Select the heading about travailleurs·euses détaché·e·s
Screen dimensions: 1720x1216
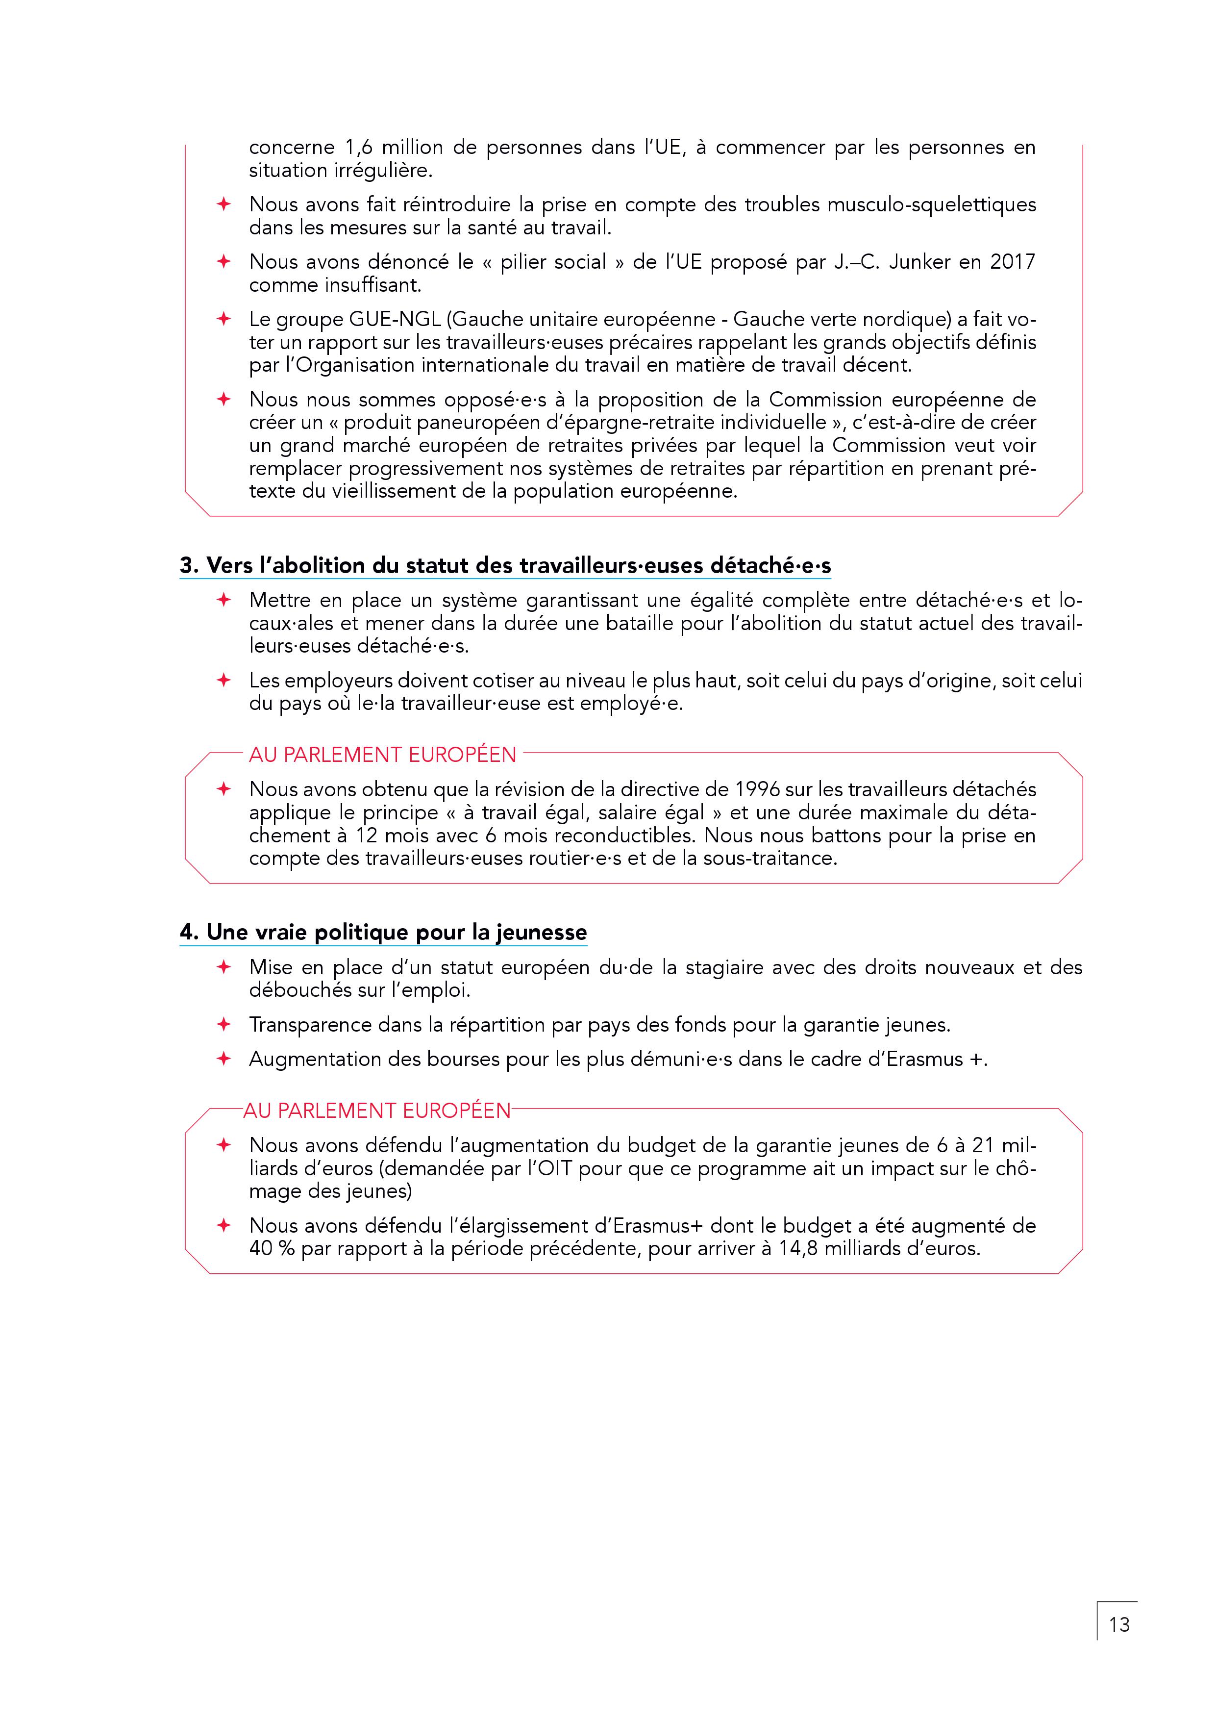click(x=505, y=566)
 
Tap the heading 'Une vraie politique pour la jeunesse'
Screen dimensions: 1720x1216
click(x=383, y=933)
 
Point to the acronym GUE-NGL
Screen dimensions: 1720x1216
click(x=395, y=320)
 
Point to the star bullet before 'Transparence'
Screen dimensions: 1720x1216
click(x=223, y=1024)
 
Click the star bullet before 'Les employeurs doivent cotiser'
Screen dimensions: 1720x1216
click(x=223, y=680)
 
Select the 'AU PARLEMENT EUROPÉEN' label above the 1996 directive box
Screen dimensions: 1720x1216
click(x=383, y=755)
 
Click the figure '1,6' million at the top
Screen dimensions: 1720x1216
click(x=358, y=148)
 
